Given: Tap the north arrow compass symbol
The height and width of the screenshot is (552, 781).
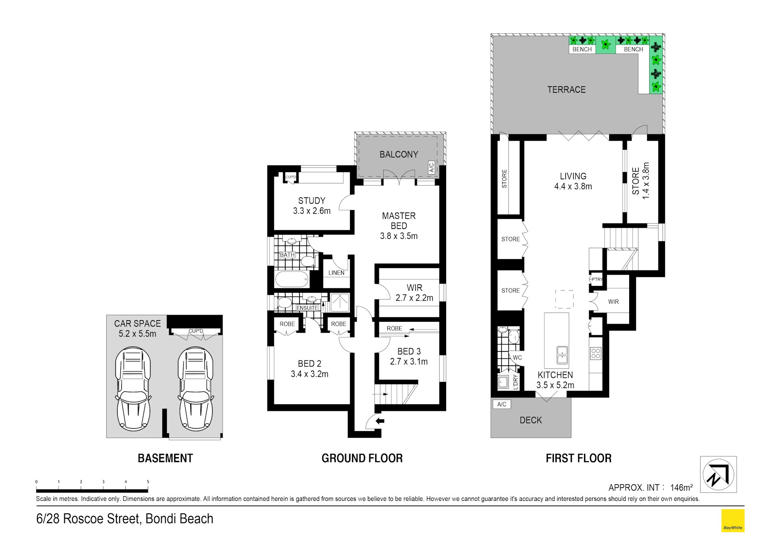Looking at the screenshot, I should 718,474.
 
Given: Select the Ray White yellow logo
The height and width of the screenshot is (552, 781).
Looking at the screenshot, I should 733,520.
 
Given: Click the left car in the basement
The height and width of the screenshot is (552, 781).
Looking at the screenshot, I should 133,389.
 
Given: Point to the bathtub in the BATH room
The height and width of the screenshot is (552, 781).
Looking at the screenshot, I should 292,279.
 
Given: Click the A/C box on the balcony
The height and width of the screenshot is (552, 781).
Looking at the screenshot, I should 431,168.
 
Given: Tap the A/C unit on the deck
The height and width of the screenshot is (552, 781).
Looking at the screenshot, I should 501,404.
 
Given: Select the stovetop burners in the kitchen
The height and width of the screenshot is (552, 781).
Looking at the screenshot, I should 595,353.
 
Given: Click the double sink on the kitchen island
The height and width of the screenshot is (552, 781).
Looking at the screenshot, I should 562,355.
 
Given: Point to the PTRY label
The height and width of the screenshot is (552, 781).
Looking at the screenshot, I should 597,279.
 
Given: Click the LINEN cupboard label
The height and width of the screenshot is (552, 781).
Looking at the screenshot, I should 336,273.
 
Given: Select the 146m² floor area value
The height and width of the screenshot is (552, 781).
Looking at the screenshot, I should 681,487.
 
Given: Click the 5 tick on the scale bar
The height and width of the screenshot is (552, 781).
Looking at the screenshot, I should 148,482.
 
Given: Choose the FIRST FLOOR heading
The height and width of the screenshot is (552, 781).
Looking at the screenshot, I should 578,458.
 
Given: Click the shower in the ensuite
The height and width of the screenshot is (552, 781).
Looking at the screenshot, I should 340,303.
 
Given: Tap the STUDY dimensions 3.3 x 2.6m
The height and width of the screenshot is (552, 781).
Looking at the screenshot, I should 312,211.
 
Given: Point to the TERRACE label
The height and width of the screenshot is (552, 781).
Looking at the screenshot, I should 566,89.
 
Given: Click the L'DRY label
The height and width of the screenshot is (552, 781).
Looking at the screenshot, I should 515,382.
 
